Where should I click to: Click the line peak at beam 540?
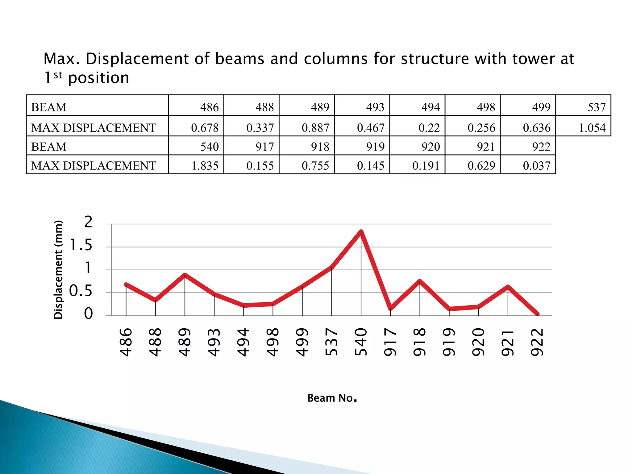[x=361, y=231]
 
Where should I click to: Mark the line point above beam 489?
[x=185, y=275]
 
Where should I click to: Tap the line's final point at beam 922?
[x=537, y=314]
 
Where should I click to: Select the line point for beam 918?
[x=420, y=281]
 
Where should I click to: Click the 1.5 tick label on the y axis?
[x=81, y=246]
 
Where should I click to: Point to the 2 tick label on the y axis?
[x=88, y=222]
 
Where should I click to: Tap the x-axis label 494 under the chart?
[x=243, y=342]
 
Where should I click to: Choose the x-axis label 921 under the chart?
[x=508, y=342]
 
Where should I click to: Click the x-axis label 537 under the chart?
[x=332, y=342]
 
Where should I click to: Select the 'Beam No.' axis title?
[x=332, y=398]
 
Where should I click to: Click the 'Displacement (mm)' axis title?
[x=58, y=270]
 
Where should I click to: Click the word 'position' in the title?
[x=98, y=78]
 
